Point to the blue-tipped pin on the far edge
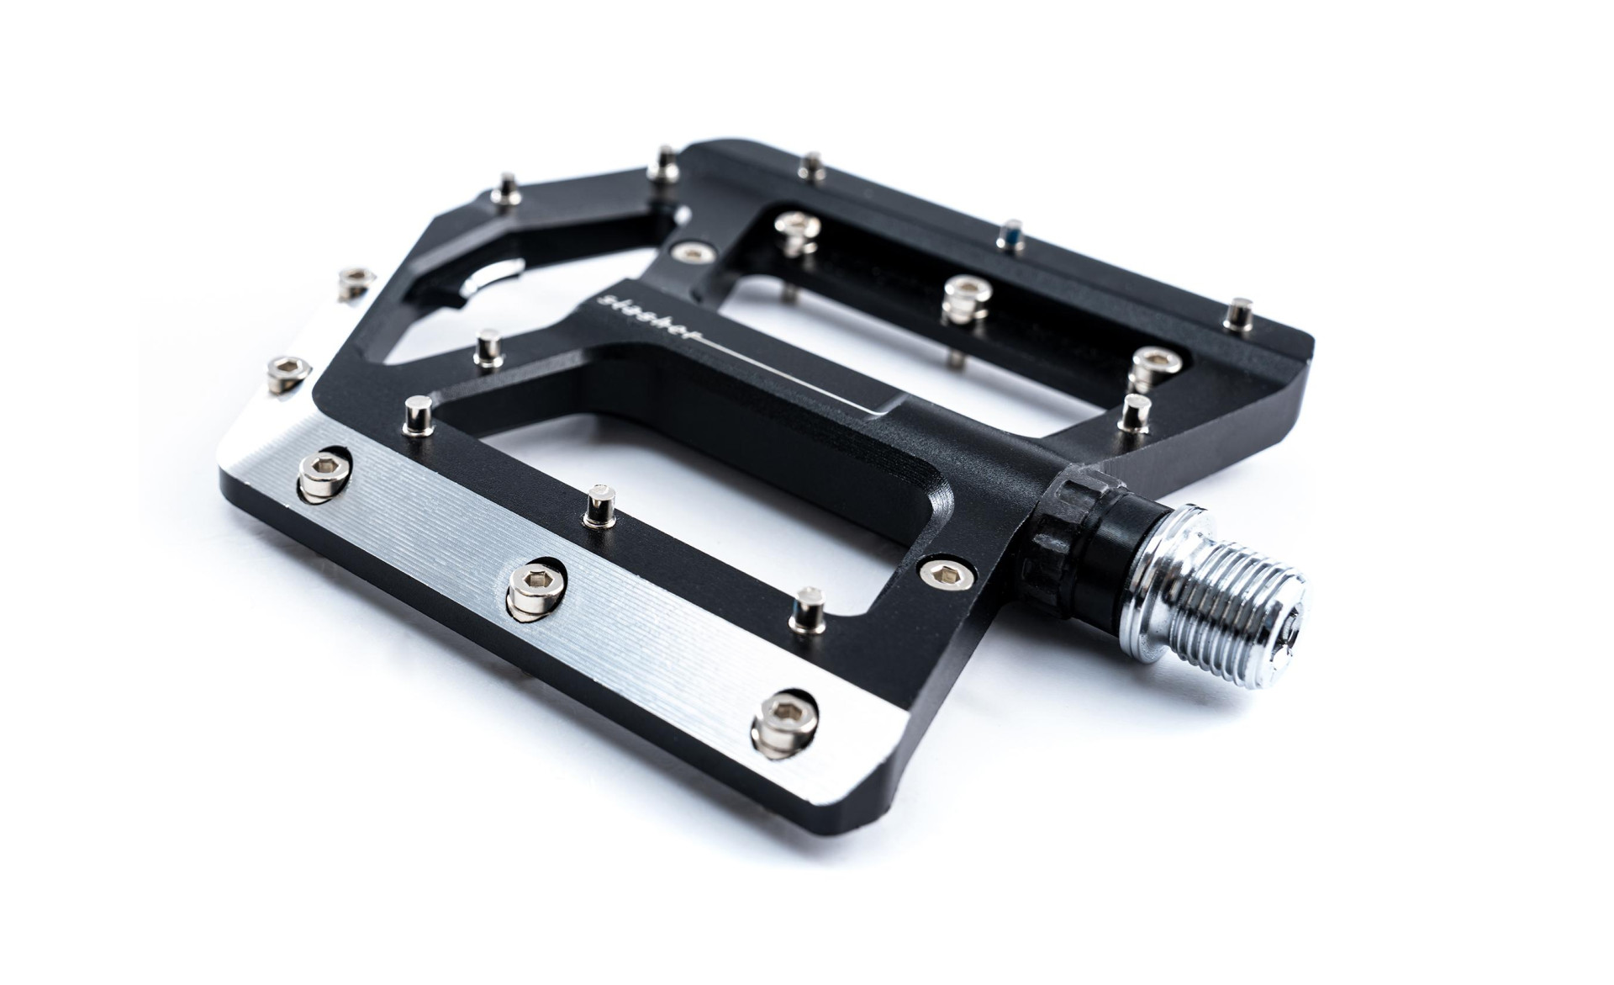point(1009,236)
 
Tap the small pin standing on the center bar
point(485,348)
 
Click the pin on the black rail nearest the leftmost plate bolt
point(417,415)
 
